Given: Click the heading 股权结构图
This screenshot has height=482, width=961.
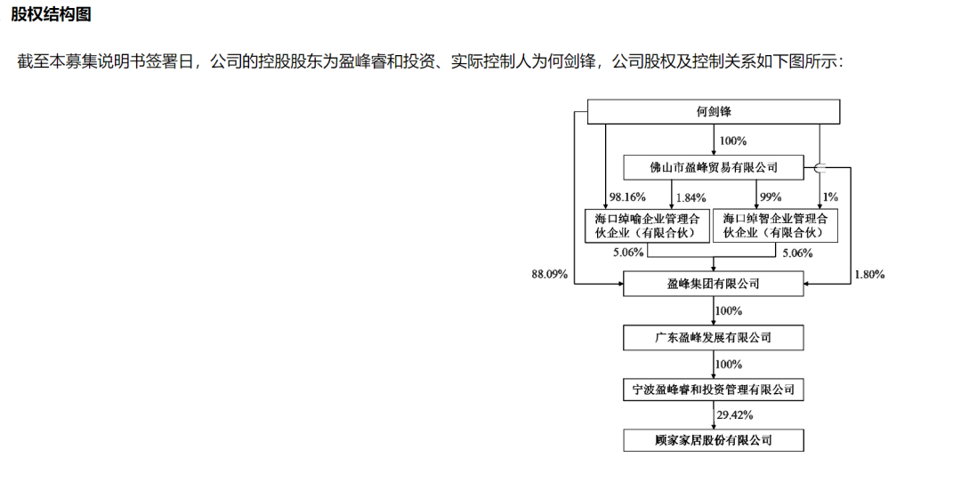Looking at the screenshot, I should [x=51, y=15].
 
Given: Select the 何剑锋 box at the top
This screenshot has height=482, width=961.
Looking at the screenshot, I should [x=714, y=111].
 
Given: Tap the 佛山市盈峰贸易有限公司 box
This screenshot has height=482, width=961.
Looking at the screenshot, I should [x=714, y=166].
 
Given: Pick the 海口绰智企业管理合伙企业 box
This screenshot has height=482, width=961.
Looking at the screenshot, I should [x=776, y=226].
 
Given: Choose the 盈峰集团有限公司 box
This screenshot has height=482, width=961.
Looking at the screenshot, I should [x=714, y=284].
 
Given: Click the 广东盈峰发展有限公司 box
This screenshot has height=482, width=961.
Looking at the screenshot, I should [x=714, y=337].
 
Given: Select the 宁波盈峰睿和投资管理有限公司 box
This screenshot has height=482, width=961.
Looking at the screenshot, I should [x=714, y=390].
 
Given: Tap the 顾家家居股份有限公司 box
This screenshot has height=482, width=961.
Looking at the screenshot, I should [x=714, y=440].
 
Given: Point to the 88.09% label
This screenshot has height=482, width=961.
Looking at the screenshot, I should [x=550, y=274].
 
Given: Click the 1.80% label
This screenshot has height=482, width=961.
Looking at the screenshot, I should [x=868, y=274].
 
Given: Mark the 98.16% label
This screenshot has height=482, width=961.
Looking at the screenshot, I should [x=626, y=197].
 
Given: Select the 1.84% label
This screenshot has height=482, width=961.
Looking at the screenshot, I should [x=690, y=197].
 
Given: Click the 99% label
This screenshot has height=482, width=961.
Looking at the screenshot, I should [x=770, y=197].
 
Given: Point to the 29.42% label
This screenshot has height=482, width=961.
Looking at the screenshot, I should [x=735, y=414].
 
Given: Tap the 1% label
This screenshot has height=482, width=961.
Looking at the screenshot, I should [x=831, y=197].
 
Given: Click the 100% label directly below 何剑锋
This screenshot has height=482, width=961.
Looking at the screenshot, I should [x=732, y=141].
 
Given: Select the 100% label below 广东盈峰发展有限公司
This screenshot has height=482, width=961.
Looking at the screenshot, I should [x=729, y=364].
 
